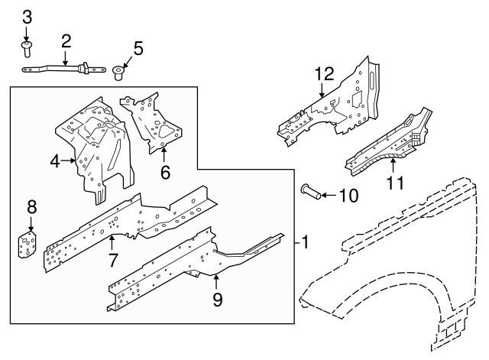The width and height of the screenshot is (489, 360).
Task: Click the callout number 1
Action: point(306,243)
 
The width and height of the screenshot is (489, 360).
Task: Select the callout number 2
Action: point(66,41)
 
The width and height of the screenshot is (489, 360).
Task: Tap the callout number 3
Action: point(27,17)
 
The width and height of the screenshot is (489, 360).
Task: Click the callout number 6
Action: point(165,172)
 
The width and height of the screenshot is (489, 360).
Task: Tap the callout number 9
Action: point(217,299)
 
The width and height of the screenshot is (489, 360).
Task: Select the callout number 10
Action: point(347,196)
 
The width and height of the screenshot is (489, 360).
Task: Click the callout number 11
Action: point(394,183)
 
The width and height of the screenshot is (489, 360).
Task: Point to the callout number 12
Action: point(324,74)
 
